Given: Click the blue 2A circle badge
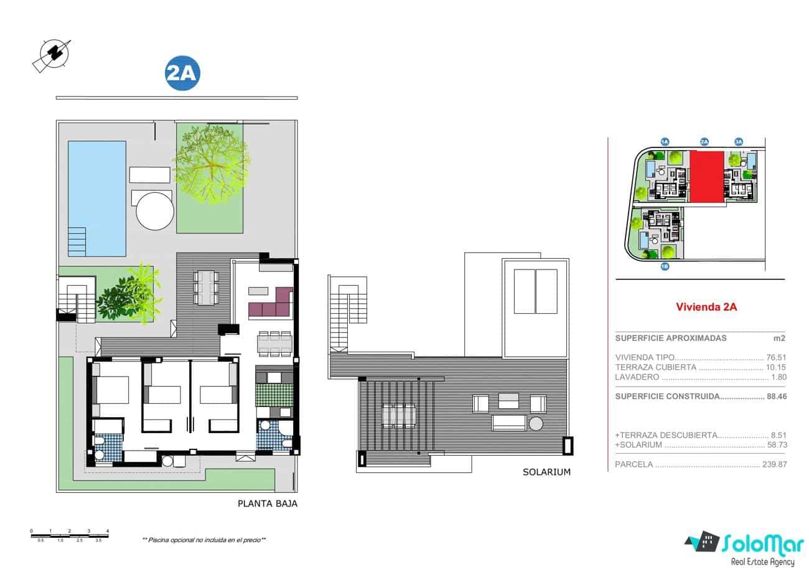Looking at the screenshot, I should coord(182,73).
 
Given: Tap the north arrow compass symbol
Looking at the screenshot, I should coord(51,54).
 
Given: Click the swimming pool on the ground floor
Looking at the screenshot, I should coord(96,198).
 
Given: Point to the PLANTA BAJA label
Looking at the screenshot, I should coord(268,504).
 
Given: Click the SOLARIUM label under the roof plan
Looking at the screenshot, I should coord(547,472).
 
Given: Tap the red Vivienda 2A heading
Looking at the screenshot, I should coord(706,306).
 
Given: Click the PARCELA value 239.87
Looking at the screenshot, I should coord(774,464).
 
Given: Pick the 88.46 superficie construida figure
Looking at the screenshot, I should coord(777,396).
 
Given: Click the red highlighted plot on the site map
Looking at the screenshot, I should coord(706,176).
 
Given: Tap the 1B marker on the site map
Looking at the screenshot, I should coord(665,266).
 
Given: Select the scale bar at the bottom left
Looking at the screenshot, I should coord(69,535).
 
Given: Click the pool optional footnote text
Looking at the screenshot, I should coord(204,540).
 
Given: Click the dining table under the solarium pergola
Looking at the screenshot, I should coord(398,413).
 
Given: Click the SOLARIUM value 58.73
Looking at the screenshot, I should coord(777,445).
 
